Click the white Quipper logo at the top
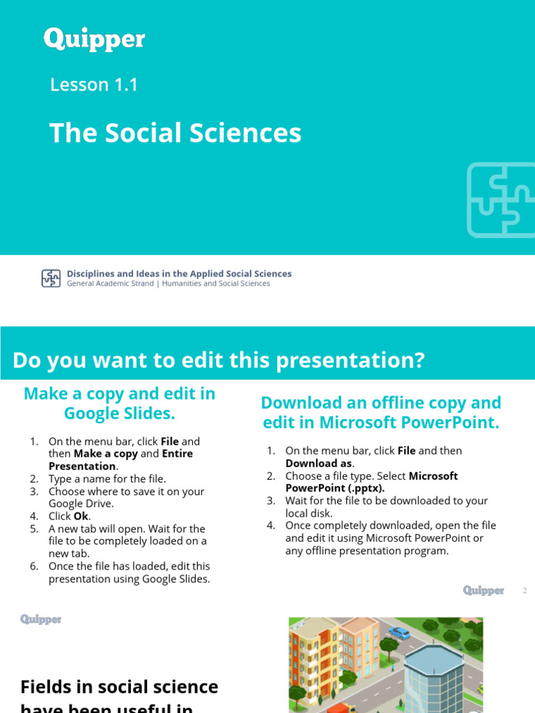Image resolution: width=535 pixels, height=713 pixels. click(94, 39)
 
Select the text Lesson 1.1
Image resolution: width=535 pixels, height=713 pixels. click(94, 85)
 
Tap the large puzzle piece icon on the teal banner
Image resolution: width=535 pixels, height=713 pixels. click(500, 200)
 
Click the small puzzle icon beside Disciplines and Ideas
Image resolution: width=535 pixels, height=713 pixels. click(51, 279)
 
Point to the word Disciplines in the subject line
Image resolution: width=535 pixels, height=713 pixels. click(91, 274)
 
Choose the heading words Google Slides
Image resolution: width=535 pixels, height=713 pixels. click(120, 414)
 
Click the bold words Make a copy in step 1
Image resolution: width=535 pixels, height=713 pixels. click(105, 454)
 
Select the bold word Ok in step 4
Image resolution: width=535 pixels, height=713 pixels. click(82, 517)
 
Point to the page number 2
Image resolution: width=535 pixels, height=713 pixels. click(525, 591)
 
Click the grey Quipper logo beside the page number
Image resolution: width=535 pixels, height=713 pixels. click(483, 590)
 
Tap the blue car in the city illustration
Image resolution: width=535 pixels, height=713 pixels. click(400, 633)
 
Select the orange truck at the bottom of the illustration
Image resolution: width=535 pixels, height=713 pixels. click(341, 707)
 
